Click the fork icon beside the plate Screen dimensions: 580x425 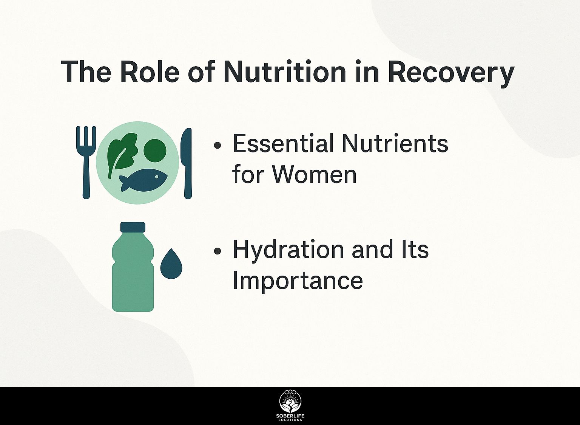[x=86, y=162]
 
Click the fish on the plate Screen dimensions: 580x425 [x=143, y=180]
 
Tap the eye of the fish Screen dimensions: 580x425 [x=157, y=177]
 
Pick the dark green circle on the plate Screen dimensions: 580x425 [x=155, y=149]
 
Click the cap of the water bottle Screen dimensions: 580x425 [x=133, y=226]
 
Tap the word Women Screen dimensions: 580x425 [x=315, y=175]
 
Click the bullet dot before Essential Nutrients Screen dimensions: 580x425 [x=218, y=146]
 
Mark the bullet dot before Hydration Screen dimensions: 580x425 [x=218, y=251]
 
